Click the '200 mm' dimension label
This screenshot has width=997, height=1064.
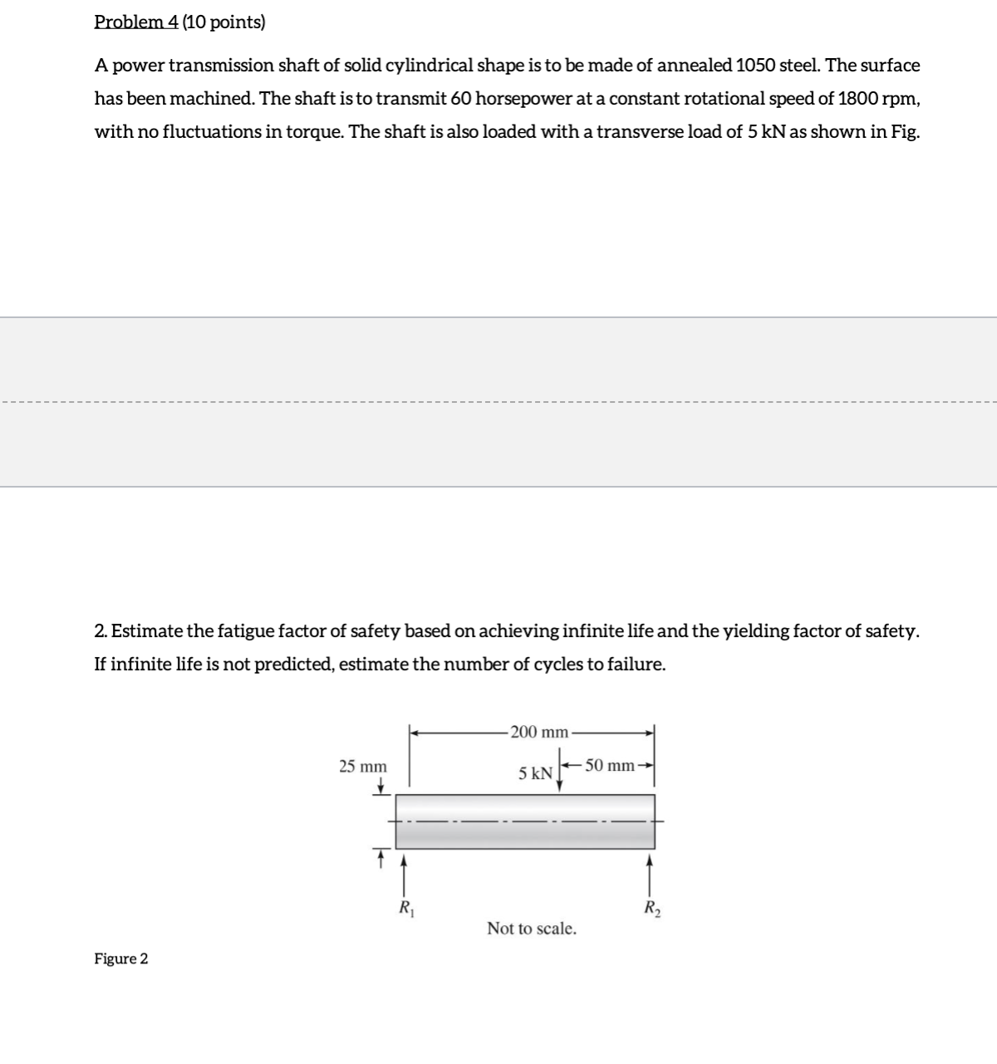click(x=538, y=732)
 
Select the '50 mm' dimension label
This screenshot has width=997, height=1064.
click(x=608, y=765)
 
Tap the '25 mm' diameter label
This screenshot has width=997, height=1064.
click(x=363, y=766)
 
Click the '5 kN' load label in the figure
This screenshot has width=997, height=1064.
click(x=535, y=773)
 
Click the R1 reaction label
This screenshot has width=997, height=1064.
click(x=405, y=906)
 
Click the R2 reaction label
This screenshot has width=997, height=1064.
click(x=651, y=906)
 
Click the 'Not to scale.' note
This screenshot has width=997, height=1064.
click(x=532, y=929)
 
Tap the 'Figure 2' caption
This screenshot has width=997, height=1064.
click(x=121, y=959)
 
